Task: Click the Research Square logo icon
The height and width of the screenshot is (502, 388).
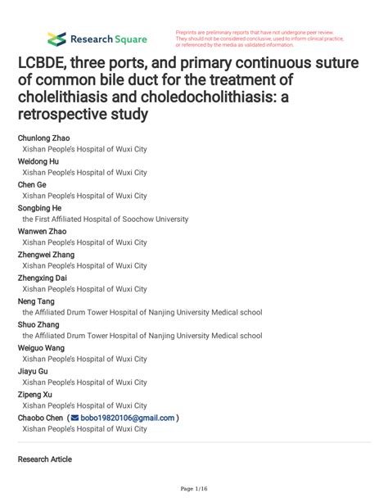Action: [56, 38]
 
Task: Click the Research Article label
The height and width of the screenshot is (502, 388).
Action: [44, 459]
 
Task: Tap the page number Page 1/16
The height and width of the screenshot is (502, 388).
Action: [193, 489]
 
